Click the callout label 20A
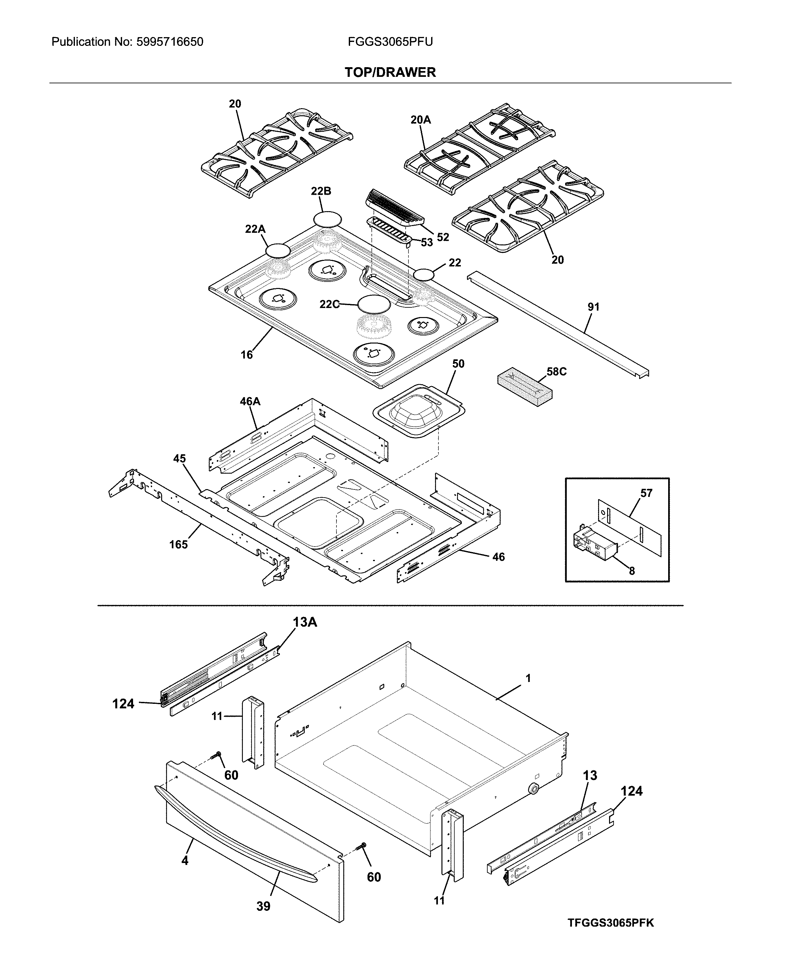420,120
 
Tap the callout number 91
594,307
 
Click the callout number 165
178,544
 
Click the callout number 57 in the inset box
646,493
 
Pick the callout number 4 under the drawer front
184,860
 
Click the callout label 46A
250,401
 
